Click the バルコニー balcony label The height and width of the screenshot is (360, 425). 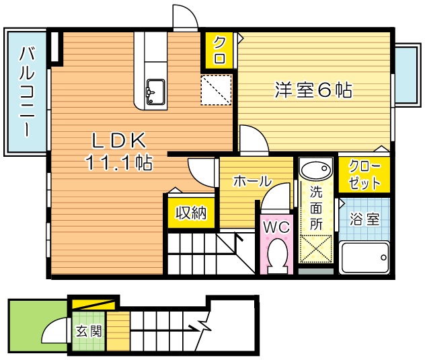pos(27,92)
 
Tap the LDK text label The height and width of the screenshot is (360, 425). pos(119,140)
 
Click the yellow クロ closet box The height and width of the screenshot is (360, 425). pos(219,50)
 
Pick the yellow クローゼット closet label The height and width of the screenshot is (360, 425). pos(363,174)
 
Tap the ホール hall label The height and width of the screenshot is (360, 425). pos(252,181)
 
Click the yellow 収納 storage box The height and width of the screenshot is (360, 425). pos(191,213)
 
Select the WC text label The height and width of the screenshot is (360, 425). pos(276,227)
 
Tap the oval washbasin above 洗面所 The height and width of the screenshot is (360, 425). pos(315,170)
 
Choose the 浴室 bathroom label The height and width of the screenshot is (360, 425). pos(364,220)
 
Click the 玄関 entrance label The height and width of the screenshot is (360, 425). pos(88,330)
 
